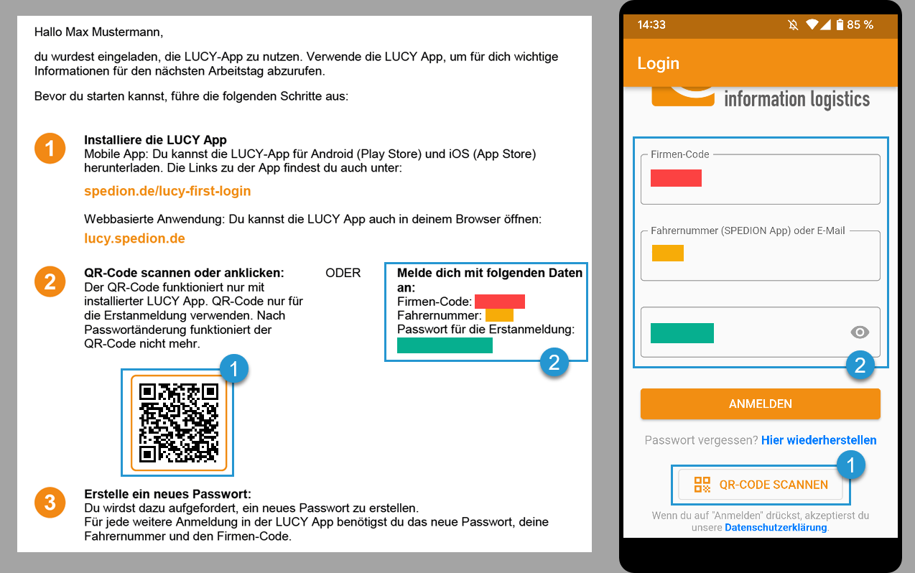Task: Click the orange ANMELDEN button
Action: (x=760, y=404)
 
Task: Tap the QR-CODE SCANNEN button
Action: (x=761, y=485)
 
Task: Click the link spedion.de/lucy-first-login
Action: (x=167, y=191)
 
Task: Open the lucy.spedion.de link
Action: (x=134, y=238)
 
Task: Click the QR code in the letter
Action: (x=179, y=423)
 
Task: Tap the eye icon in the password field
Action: (x=859, y=332)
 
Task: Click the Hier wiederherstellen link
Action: (x=819, y=440)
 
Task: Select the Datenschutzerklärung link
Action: (x=776, y=528)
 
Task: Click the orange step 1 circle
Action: (x=50, y=149)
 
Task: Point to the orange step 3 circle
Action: (x=50, y=503)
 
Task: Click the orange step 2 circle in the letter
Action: (x=50, y=281)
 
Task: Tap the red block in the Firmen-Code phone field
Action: (x=676, y=178)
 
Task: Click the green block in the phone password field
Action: (x=682, y=333)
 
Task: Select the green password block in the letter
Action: (x=445, y=345)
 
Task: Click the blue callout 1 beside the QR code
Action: (x=233, y=370)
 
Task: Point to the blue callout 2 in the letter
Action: (x=554, y=363)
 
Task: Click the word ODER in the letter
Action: (x=343, y=273)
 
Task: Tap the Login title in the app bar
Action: (x=658, y=63)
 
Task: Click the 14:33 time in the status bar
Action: (x=651, y=24)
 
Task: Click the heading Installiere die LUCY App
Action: (x=155, y=140)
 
